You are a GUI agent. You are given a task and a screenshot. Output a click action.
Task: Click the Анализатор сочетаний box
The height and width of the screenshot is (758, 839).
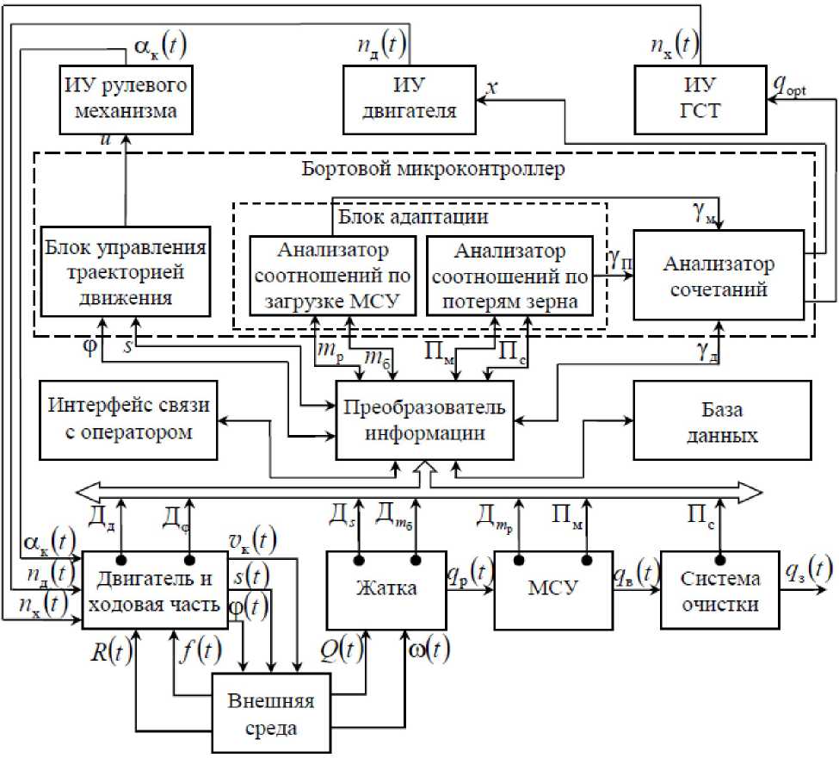coord(719,276)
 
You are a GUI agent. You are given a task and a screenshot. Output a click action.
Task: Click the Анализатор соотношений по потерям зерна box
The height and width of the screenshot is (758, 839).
coord(508,275)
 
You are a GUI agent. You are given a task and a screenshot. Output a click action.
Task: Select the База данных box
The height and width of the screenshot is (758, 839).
coord(721,421)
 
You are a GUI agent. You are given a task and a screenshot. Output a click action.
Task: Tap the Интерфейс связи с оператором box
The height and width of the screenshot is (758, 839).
coord(130,419)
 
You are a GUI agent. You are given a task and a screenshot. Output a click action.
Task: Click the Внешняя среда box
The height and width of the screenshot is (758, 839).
coord(268,713)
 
